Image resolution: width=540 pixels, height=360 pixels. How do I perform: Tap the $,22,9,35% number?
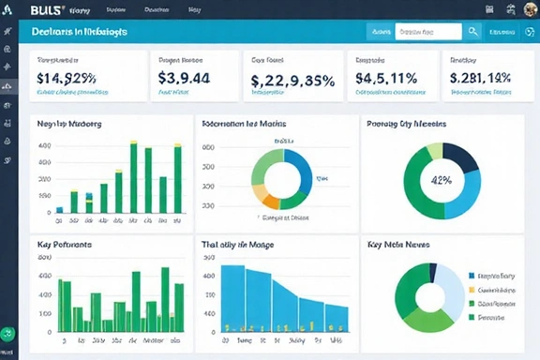(x=292, y=81)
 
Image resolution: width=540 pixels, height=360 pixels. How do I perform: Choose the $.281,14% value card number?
(x=480, y=79)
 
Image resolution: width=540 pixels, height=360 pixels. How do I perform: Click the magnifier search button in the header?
(x=474, y=31)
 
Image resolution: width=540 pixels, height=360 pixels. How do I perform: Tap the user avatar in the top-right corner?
(x=528, y=9)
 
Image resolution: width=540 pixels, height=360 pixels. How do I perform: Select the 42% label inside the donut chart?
(x=440, y=180)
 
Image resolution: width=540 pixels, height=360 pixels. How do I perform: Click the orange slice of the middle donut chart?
(x=270, y=200)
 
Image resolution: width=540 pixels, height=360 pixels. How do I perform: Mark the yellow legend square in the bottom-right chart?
(x=471, y=291)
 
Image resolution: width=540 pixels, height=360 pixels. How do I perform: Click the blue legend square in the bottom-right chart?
(x=471, y=277)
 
